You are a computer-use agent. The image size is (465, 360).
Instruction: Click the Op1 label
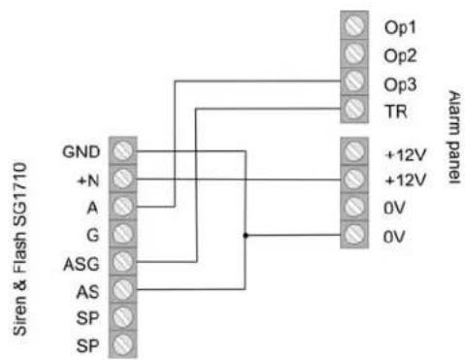coord(400,27)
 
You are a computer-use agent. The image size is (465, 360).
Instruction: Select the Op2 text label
coord(400,56)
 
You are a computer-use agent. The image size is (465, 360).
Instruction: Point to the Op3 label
coord(400,84)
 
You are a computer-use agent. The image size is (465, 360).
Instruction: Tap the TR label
coord(395,112)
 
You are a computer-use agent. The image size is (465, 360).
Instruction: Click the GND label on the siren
coord(82,151)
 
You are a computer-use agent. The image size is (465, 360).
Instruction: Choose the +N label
coord(88,180)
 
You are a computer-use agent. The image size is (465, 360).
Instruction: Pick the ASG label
coord(82,264)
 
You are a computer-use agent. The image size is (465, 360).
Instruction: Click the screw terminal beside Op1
coord(354,25)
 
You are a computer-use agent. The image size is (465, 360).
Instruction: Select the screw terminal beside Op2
coord(354,53)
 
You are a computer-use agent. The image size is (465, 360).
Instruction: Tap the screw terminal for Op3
coord(354,82)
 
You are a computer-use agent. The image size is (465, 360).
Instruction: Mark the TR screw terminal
coord(354,109)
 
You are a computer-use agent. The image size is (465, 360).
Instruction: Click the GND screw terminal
coord(123,151)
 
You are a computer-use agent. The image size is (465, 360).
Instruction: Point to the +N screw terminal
coord(123,179)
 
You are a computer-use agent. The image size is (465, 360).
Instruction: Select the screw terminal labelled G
coord(123,234)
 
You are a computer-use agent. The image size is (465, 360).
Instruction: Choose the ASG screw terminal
coord(123,262)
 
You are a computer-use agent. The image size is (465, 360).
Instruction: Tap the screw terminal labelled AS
coord(123,289)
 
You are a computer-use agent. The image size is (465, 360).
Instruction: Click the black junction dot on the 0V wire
coord(246,235)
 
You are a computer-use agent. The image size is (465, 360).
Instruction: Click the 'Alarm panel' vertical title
coord(454,137)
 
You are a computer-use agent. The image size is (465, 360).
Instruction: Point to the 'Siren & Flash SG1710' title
coord(20,249)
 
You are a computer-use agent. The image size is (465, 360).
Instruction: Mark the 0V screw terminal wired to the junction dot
coord(354,235)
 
